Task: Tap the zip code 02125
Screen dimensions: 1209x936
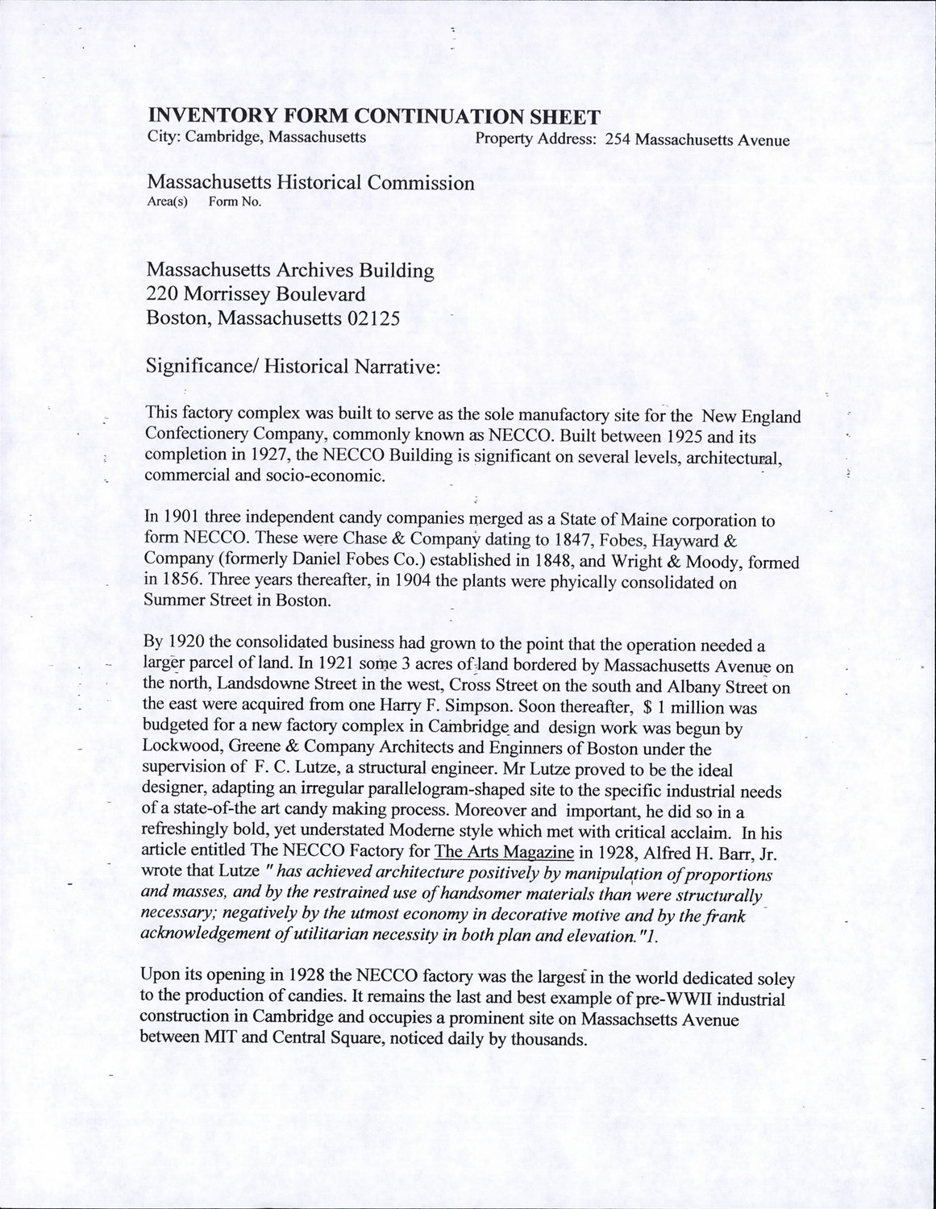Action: click(x=372, y=318)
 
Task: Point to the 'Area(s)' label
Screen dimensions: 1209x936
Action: click(x=167, y=201)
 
